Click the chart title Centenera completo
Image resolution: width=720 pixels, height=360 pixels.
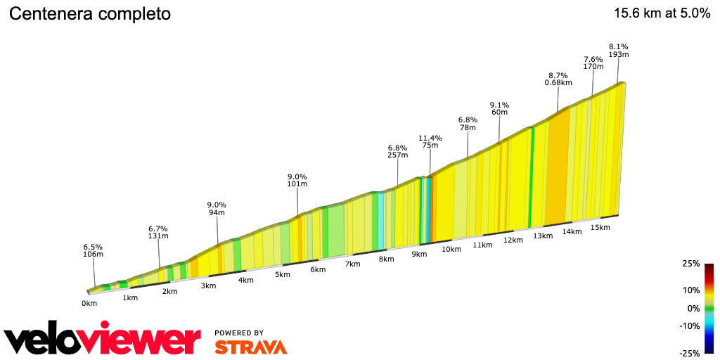[x=89, y=14]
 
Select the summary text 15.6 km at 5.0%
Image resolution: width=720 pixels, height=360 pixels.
[x=662, y=13]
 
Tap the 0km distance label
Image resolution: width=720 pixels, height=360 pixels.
[x=89, y=303]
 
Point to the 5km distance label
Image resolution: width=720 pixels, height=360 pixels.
[x=283, y=274]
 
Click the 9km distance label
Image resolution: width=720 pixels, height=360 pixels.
[x=419, y=254]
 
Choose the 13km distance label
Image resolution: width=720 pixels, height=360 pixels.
[x=543, y=236]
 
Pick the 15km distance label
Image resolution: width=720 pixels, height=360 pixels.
[x=600, y=227]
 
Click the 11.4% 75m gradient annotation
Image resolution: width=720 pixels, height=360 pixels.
[x=430, y=142]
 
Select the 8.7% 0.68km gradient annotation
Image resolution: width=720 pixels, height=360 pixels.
[x=558, y=79]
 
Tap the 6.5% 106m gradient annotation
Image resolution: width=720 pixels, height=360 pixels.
[x=93, y=251]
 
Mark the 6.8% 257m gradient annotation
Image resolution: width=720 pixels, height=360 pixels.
[x=397, y=152]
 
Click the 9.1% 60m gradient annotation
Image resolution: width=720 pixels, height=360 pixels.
[x=499, y=109]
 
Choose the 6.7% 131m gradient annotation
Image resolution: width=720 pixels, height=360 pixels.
[x=158, y=233]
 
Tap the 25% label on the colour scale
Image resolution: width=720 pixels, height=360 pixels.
[x=690, y=264]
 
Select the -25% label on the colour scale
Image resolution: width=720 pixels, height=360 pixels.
[x=689, y=353]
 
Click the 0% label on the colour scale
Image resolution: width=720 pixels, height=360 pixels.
[x=693, y=308]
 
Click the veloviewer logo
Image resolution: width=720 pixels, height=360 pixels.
[x=102, y=340]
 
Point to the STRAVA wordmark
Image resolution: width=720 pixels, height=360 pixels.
[x=250, y=347]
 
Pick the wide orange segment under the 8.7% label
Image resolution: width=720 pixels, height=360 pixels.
[x=557, y=169]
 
